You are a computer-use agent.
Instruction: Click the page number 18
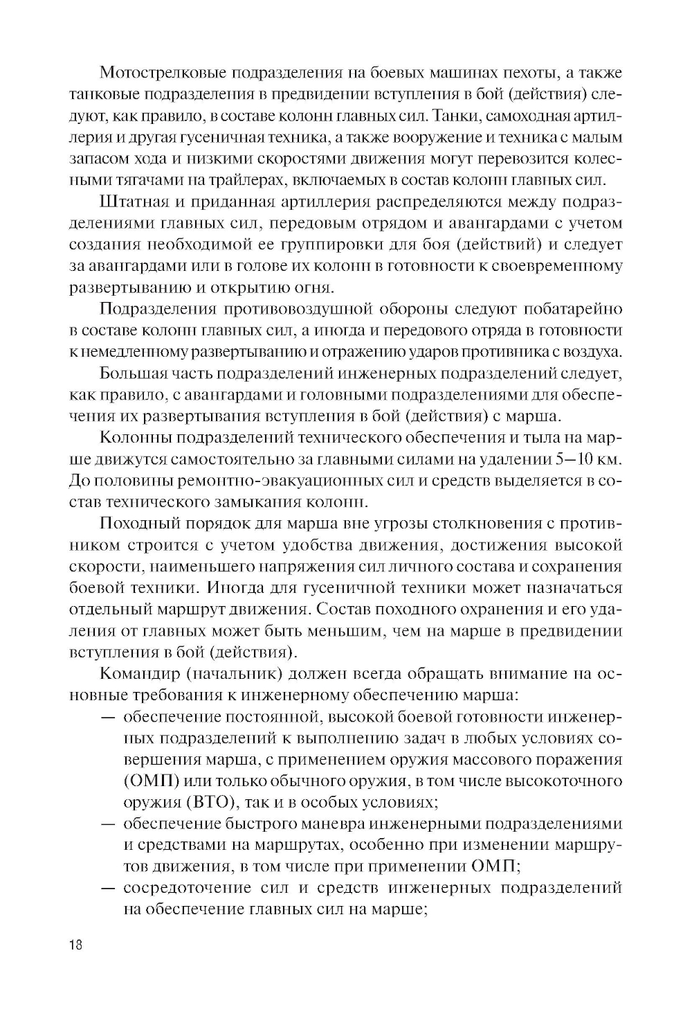[75, 946]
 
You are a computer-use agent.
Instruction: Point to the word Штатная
[136, 202]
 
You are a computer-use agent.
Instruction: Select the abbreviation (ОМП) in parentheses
[152, 781]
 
